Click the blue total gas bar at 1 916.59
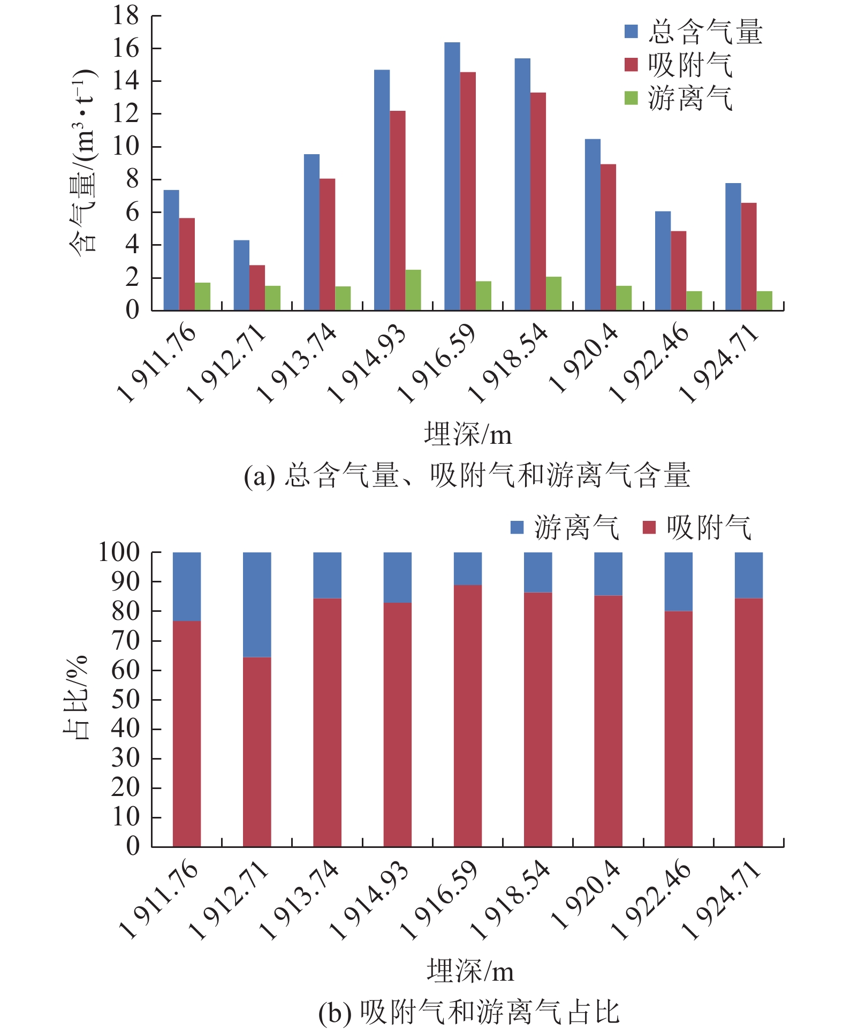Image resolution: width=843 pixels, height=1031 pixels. tap(452, 177)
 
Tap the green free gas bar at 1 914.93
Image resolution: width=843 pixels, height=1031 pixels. tap(413, 290)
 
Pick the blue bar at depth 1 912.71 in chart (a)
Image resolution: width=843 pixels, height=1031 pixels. tap(241, 275)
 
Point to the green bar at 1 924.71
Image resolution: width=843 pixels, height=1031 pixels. tap(764, 301)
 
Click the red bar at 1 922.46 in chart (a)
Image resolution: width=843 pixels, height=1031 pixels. tap(678, 270)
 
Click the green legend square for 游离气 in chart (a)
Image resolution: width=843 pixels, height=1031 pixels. tap(631, 98)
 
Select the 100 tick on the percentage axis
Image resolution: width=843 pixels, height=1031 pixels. tap(119, 552)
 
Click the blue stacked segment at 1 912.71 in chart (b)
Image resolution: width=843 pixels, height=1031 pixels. tap(257, 604)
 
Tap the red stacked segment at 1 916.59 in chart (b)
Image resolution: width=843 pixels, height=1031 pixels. tap(468, 715)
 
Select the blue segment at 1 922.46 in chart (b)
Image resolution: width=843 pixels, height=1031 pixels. tap(678, 581)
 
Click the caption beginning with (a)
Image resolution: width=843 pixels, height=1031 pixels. tap(467, 475)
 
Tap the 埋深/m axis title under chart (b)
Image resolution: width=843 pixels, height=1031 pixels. tap(470, 970)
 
